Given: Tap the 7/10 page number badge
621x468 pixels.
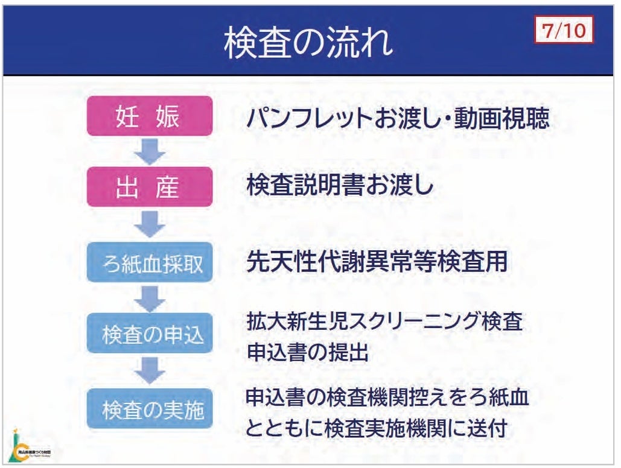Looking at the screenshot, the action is coord(564,30).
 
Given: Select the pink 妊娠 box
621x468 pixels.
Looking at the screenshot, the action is coord(149,116).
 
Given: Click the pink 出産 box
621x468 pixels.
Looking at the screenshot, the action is coord(149,187).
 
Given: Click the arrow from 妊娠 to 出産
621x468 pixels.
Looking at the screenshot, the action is coord(149,151).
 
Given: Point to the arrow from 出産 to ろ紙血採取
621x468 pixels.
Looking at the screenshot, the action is coord(149,224).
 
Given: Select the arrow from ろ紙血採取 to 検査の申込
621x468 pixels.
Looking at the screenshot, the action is coord(149,297).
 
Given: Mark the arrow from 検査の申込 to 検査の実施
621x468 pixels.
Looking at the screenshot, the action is coord(149,370).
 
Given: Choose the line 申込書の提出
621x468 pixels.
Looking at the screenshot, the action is coord(307,352).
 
